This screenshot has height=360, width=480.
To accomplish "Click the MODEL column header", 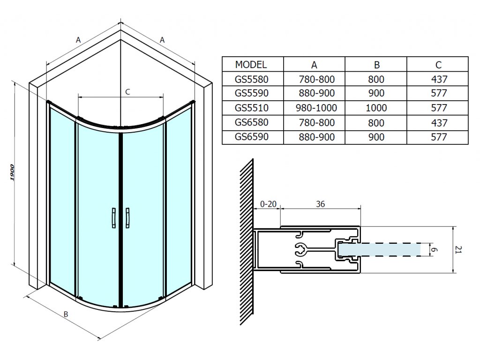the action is point(251,65).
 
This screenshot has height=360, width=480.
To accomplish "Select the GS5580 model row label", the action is point(252,79).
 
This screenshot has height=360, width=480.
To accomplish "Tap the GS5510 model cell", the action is point(252,108).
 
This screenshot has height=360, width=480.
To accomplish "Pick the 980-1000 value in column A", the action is point(316,108).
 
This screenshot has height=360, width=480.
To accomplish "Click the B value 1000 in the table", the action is point(376,108).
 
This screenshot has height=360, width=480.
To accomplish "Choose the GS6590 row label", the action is point(252,136).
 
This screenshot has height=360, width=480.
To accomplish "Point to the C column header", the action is point(438,65).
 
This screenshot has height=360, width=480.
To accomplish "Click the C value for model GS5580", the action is point(439,79).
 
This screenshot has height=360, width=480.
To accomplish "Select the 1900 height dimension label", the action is point(12,172).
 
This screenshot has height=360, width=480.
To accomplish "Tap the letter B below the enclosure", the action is point(66,314).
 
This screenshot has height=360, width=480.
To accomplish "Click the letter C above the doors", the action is point(127,92).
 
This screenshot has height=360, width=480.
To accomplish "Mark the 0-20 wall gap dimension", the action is point(268,204).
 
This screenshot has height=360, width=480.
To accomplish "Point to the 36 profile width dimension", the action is point(320,204).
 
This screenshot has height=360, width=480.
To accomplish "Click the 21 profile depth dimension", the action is point(458,249).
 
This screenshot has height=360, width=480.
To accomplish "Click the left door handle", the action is point(113,218).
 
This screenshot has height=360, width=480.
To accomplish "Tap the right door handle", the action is point(127,218).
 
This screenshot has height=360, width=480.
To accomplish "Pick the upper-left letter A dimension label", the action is point(78,40).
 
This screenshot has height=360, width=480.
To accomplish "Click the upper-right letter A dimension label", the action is point(162,40).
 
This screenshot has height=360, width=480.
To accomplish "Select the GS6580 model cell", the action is point(252,122).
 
